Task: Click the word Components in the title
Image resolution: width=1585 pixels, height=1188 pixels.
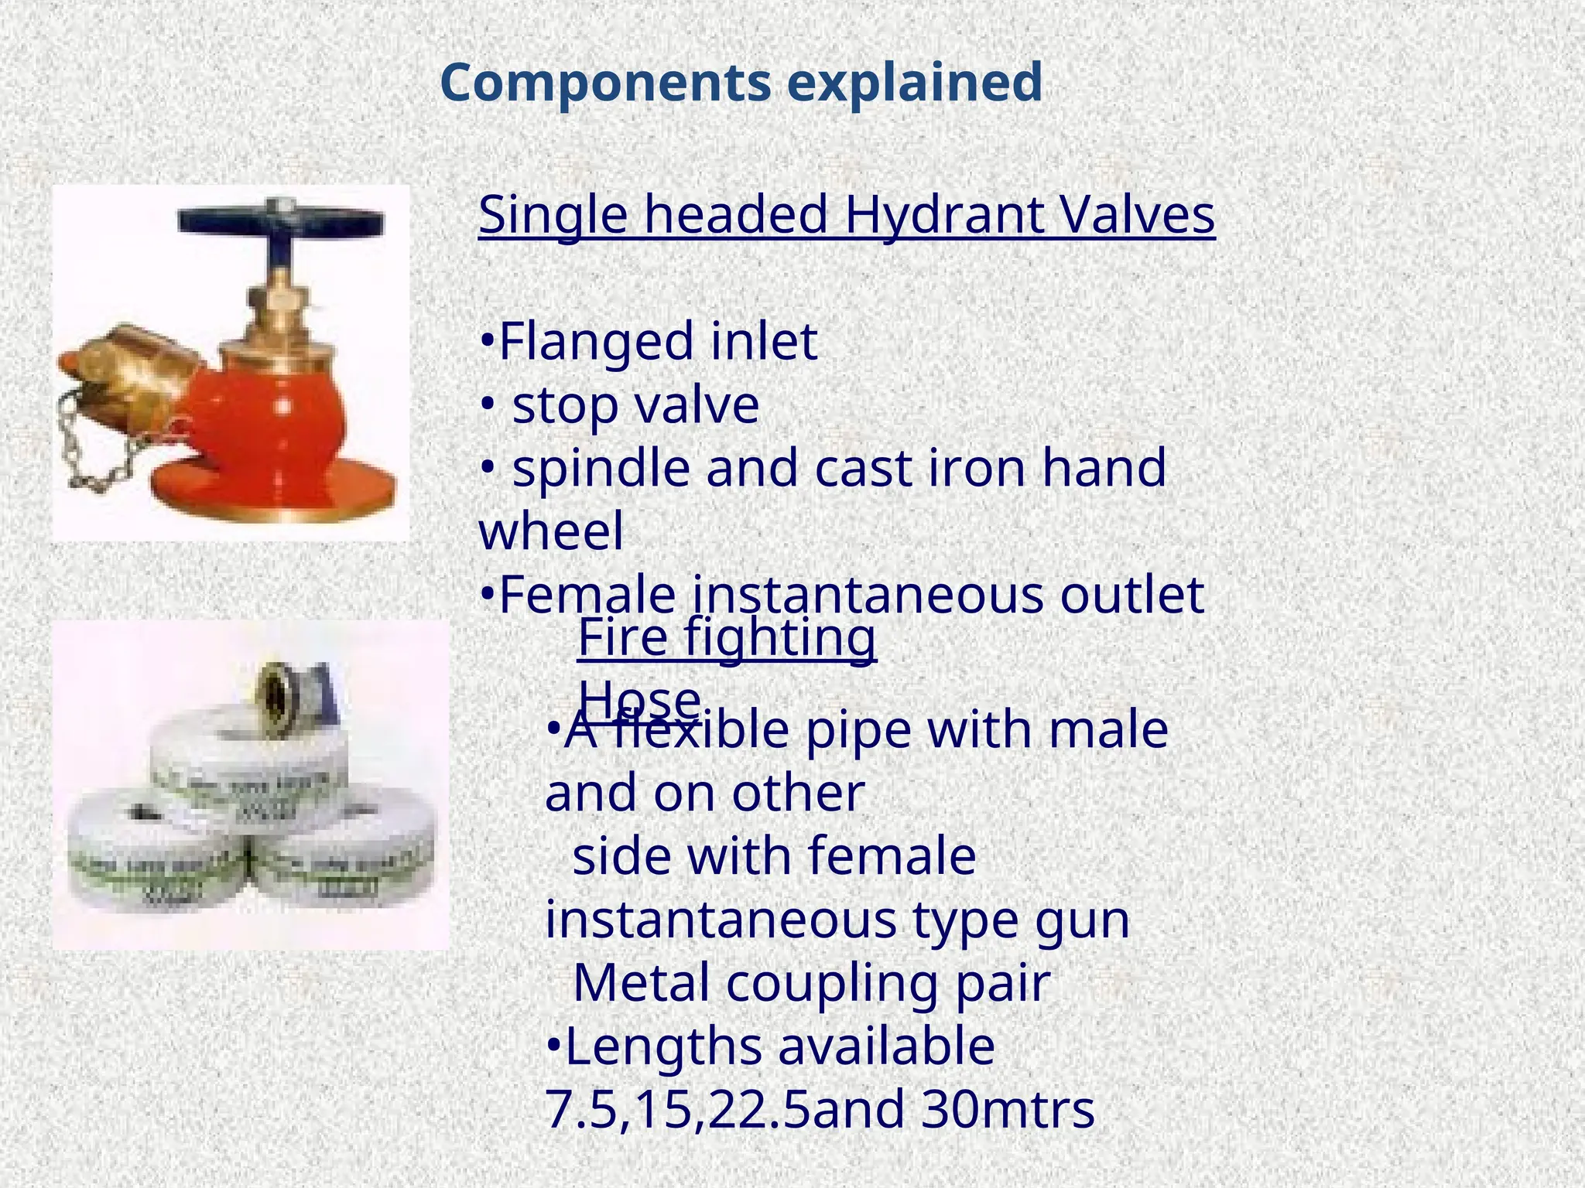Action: point(606,84)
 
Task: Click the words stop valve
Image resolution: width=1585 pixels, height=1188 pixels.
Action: point(635,405)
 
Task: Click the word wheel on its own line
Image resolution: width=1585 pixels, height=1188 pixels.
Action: point(551,532)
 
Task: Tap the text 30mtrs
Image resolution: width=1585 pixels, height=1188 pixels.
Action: point(1008,1110)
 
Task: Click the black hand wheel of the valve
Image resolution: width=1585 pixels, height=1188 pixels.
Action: point(280,220)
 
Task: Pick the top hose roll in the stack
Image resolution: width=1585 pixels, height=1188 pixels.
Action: point(248,766)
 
